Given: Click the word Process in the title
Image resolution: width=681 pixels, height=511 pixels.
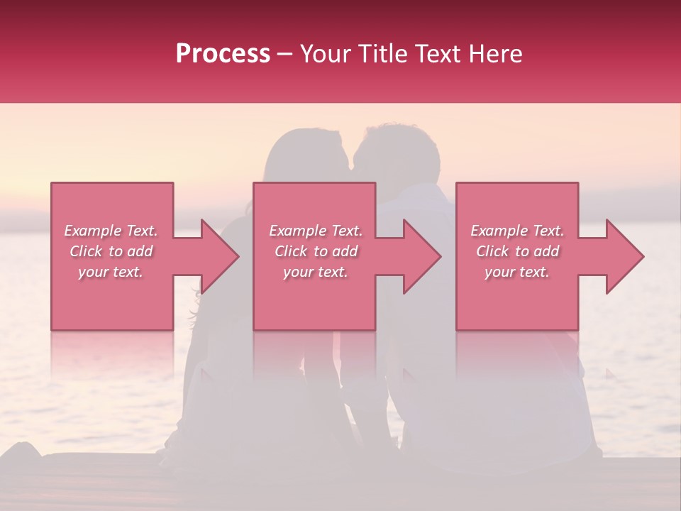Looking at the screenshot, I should click(223, 53).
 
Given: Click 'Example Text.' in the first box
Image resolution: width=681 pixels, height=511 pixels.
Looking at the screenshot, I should click(111, 231).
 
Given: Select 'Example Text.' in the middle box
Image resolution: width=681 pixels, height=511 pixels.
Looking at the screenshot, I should click(316, 231).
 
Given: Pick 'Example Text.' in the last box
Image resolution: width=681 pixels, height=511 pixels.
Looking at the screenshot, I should click(518, 231).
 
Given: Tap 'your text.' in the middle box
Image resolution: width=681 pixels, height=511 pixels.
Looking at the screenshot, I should click(316, 272).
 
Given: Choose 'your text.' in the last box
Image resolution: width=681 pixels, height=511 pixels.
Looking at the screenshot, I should click(518, 272).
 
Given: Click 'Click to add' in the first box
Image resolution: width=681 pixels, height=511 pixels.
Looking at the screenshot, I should click(111, 251).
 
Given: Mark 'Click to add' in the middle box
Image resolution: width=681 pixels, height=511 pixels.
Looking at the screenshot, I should click(316, 251).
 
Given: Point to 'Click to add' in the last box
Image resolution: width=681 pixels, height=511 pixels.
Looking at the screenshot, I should click(518, 251).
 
